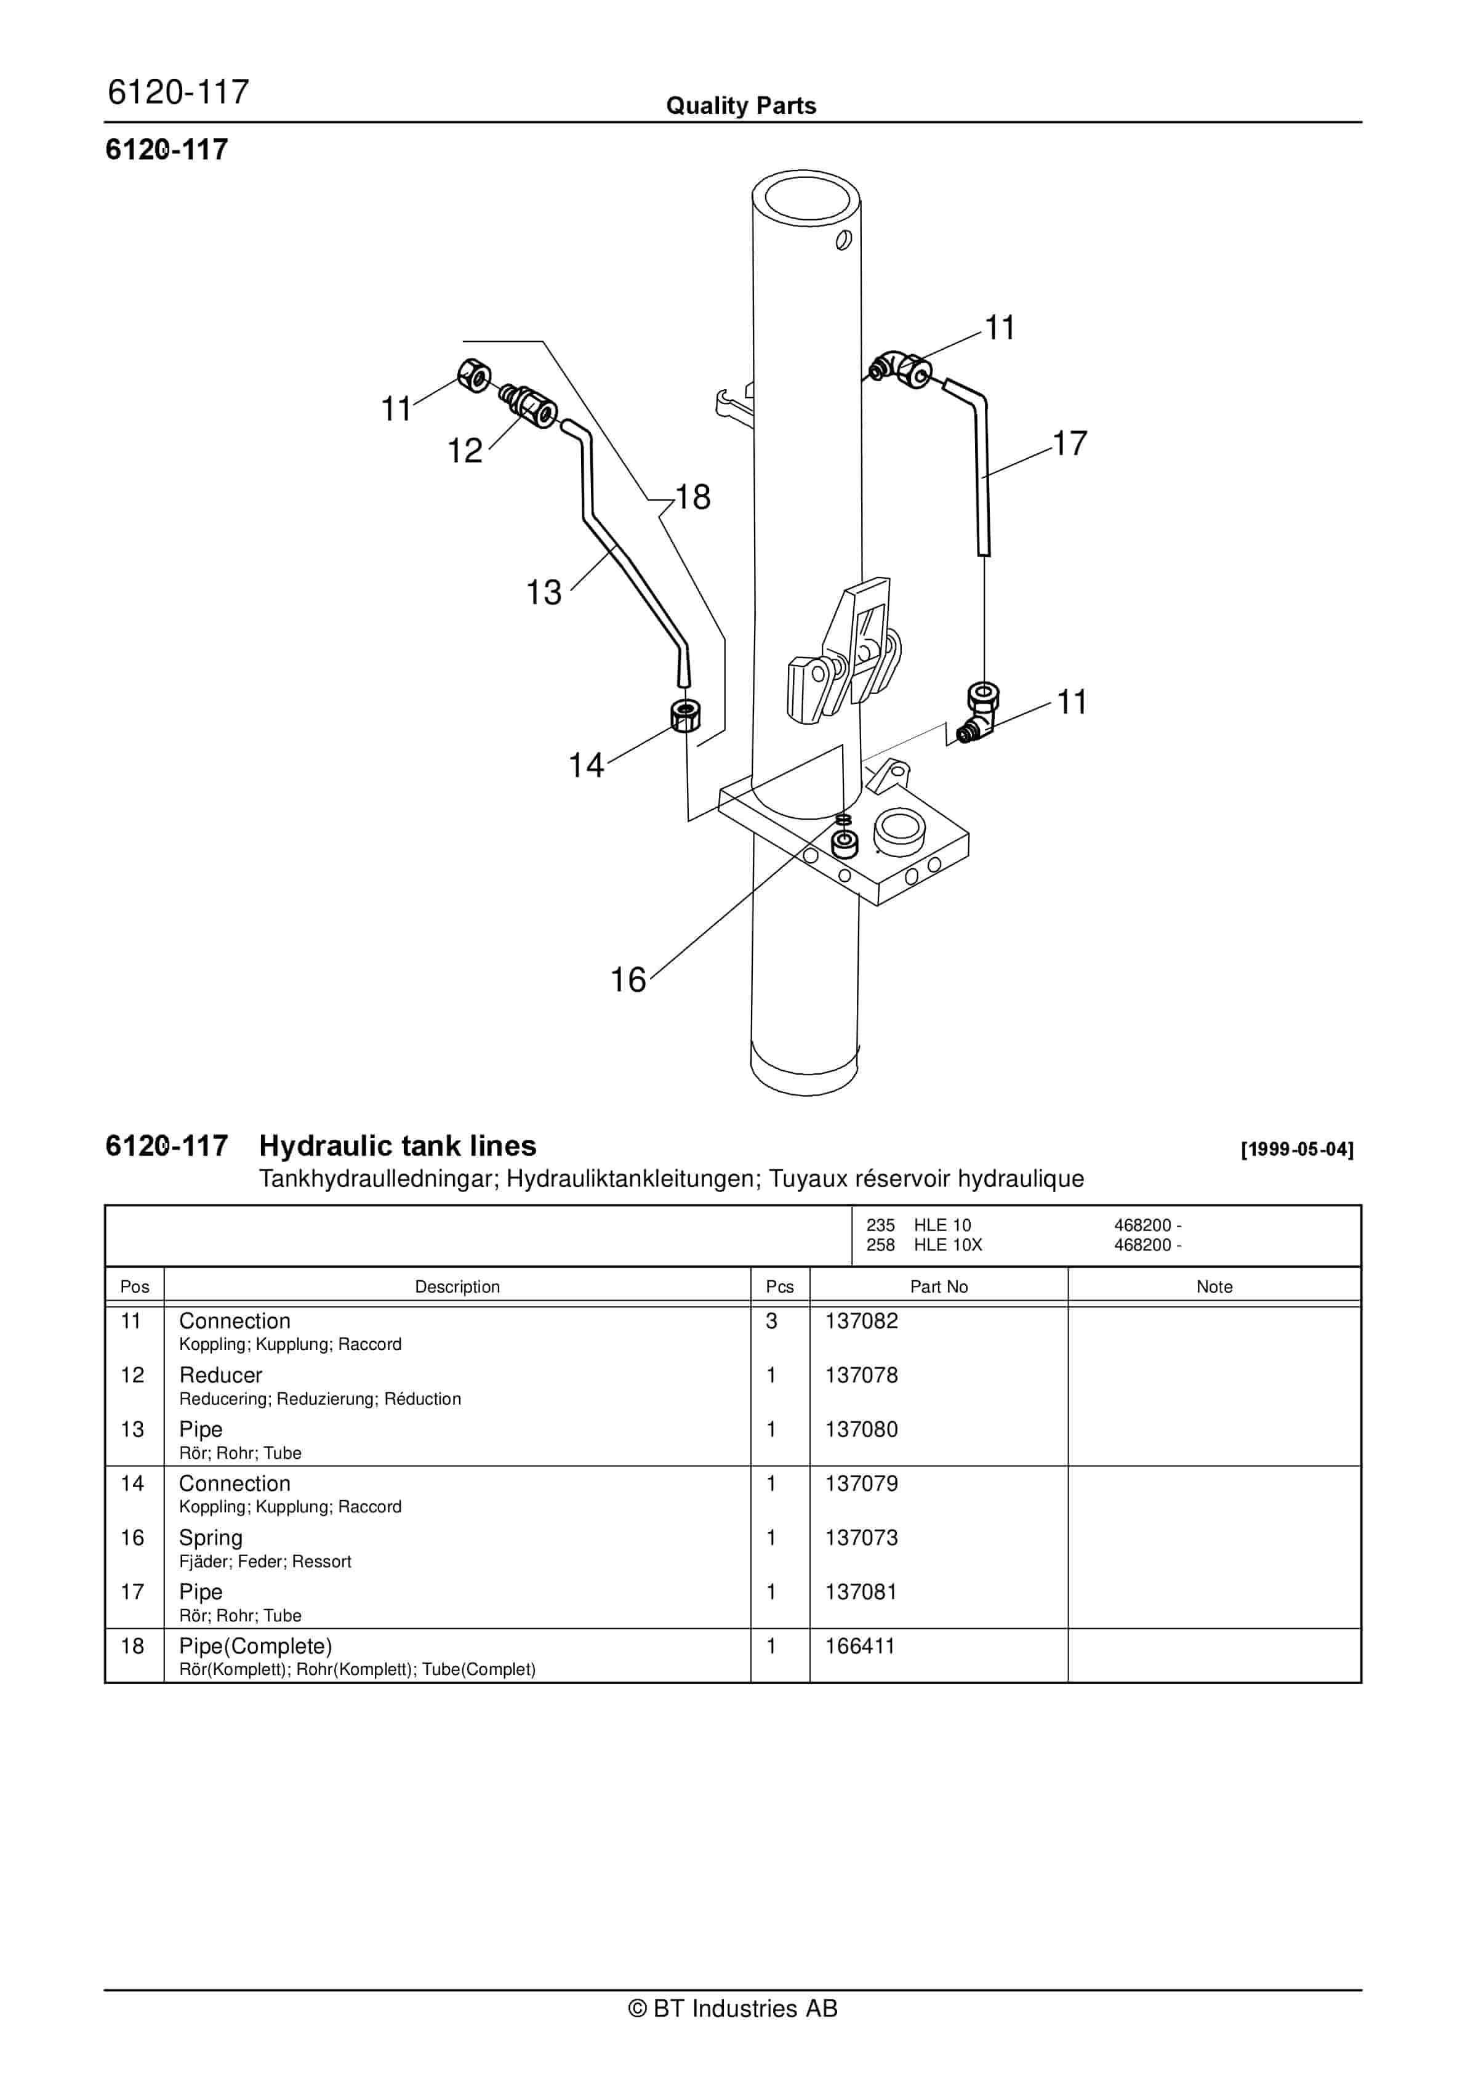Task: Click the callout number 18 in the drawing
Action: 694,497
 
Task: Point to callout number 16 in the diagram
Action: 628,980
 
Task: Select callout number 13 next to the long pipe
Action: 544,594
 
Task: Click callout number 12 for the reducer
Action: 465,451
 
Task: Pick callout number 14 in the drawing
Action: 586,766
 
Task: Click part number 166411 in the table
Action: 860,1646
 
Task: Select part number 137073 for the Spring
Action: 862,1538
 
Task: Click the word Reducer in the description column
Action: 220,1375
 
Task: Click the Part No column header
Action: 939,1286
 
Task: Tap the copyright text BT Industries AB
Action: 732,2009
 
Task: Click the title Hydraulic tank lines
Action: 398,1145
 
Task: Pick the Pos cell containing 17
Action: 133,1592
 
